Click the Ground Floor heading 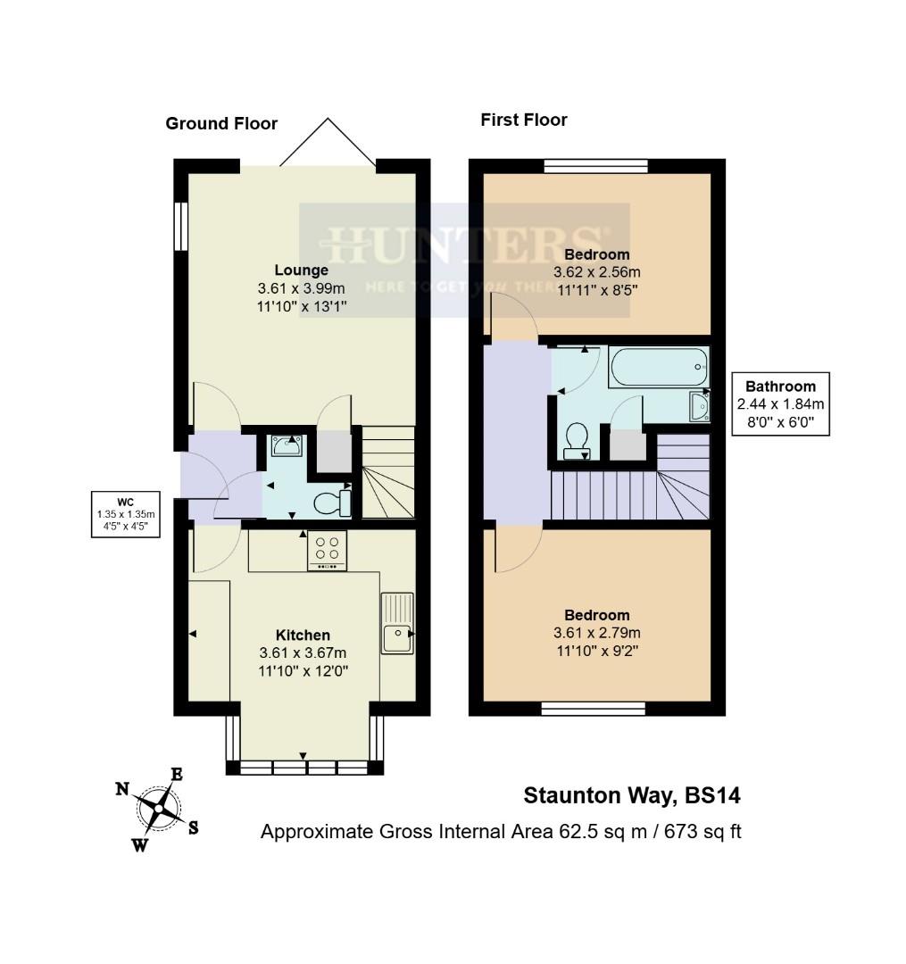[x=221, y=124]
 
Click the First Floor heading [x=524, y=120]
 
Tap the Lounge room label [x=301, y=270]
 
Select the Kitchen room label [x=303, y=636]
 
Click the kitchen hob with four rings [x=327, y=550]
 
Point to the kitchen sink [x=396, y=625]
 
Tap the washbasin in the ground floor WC [x=287, y=445]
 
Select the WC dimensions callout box [x=126, y=513]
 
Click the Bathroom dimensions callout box [x=780, y=403]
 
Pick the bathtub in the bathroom [x=659, y=366]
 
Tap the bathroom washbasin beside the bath [x=699, y=406]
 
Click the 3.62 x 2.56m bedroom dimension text [x=597, y=272]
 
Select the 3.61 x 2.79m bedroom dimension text [x=597, y=633]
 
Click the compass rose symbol [x=158, y=809]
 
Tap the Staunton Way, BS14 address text [x=631, y=795]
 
